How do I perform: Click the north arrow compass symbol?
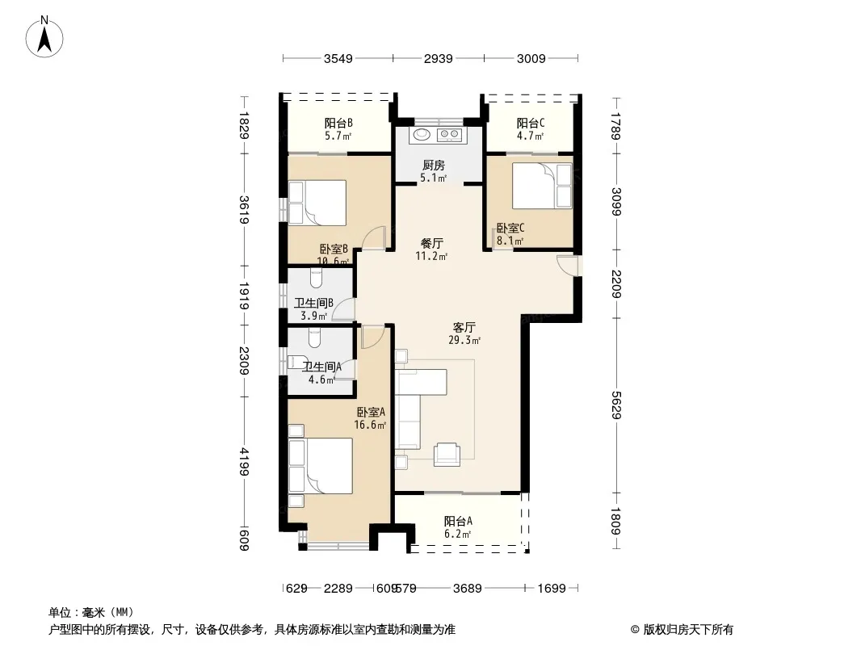(x=44, y=37)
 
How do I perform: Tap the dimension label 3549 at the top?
(x=338, y=59)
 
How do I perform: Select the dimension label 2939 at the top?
(x=439, y=59)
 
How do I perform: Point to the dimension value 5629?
(x=616, y=405)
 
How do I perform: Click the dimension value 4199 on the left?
(x=245, y=462)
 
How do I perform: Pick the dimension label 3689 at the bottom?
(x=468, y=589)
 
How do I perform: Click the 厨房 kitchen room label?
(x=433, y=166)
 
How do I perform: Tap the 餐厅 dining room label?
(x=431, y=243)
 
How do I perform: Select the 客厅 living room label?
(x=464, y=328)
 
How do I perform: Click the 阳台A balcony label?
(x=458, y=521)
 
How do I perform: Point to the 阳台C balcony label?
(x=531, y=124)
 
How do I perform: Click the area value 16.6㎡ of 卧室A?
(x=370, y=425)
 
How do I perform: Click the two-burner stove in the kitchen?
(x=450, y=135)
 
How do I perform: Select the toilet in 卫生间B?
(x=316, y=279)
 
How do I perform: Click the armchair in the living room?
(x=447, y=455)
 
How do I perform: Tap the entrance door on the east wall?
(x=569, y=266)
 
